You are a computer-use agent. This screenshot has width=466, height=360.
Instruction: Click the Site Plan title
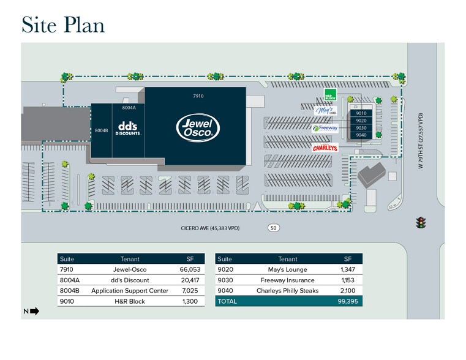63,24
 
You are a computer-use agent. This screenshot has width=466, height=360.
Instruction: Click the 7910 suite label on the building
198,96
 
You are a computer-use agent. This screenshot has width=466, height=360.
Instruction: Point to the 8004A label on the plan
129,108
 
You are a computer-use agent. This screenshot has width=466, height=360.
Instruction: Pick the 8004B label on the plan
101,130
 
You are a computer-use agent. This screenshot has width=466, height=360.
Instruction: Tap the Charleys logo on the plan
325,148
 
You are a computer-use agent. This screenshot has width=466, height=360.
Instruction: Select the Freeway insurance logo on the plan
325,129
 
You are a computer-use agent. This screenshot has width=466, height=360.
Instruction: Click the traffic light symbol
421,223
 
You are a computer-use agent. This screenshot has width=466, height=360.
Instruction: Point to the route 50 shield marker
273,228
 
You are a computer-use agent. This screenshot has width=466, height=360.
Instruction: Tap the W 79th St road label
421,142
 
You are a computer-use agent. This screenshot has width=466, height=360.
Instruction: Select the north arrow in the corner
32,311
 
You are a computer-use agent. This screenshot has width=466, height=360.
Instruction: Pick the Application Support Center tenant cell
130,291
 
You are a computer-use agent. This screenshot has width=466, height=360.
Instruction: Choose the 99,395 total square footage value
347,301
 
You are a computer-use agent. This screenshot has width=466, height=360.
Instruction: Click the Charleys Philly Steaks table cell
287,291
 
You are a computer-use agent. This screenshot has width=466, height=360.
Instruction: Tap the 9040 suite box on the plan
361,135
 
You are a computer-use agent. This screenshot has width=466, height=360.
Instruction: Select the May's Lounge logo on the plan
325,111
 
